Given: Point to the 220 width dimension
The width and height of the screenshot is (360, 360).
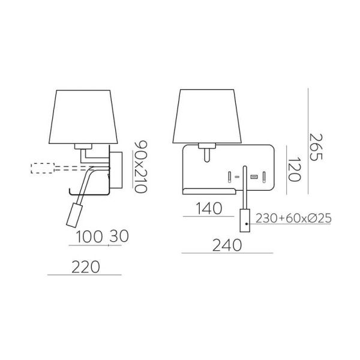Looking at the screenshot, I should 85,265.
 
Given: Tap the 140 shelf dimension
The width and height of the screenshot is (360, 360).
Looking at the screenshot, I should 208,208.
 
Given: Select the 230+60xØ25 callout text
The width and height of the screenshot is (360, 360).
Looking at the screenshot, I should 294,218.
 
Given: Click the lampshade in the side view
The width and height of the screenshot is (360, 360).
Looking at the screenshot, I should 84,117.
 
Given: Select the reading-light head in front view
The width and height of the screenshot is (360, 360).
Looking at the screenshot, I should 245,219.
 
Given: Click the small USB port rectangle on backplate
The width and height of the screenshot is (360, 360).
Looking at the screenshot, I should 253,177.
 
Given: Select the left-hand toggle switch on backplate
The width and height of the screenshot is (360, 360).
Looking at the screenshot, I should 229,177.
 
